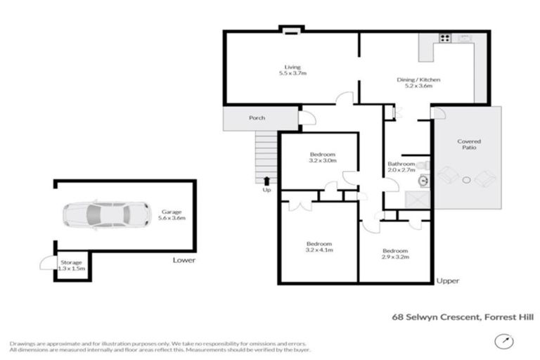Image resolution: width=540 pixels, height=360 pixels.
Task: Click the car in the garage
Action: click(x=106, y=214)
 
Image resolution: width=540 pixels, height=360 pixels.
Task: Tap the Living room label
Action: click(x=292, y=70)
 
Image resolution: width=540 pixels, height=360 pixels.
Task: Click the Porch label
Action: click(x=257, y=118)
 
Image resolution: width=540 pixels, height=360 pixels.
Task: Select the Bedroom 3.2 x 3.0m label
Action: click(x=323, y=157)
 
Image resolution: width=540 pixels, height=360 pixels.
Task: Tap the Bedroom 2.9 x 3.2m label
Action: click(x=394, y=255)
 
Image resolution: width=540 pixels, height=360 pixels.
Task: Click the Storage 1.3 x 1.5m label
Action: click(x=70, y=265)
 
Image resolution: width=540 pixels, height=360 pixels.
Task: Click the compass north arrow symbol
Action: click(x=503, y=342)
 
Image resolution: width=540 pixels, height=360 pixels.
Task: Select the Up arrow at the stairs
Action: click(x=266, y=181)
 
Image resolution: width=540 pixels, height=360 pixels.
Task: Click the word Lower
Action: click(x=184, y=260)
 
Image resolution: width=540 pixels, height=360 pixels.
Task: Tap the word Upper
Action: click(x=447, y=281)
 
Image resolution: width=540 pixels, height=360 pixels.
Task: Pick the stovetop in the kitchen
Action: click(x=444, y=39)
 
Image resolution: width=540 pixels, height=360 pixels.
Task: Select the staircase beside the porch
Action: click(x=264, y=155)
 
